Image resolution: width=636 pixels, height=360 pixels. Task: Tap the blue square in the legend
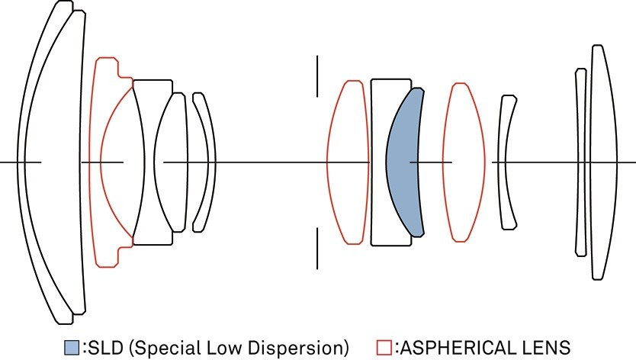point(71,348)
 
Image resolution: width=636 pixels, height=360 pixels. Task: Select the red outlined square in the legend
point(384,348)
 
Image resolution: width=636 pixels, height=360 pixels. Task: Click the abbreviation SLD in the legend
point(99,348)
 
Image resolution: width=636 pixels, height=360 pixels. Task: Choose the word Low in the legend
point(223,348)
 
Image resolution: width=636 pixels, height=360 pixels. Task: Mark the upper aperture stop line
point(317,75)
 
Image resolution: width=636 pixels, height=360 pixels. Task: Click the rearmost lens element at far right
point(602,162)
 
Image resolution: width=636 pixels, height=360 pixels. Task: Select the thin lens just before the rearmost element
point(580,162)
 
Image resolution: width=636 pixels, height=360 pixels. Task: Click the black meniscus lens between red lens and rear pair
point(507,162)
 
